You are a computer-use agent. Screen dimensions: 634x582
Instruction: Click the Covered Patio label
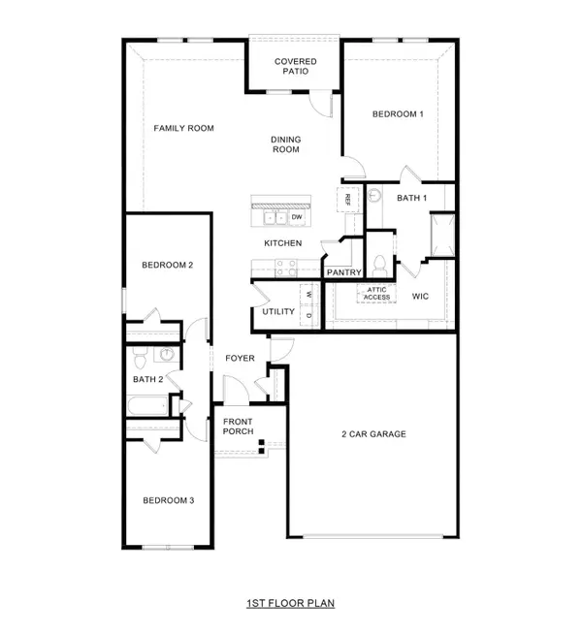point(295,67)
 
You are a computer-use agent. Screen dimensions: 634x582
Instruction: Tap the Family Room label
point(184,128)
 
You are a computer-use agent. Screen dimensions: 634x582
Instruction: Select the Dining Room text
point(285,144)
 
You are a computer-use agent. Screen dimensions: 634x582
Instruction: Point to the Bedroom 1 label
point(399,114)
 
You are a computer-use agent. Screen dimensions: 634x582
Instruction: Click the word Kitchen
point(283,243)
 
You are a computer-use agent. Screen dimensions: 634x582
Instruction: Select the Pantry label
point(343,272)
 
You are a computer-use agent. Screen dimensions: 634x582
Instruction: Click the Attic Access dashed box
point(377,293)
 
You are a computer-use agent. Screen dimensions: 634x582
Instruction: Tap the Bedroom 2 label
point(168,265)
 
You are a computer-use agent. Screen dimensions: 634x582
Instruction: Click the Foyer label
point(240,358)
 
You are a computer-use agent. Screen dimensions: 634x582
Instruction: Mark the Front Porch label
point(239,427)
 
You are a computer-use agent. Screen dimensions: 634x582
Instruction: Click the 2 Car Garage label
point(372,433)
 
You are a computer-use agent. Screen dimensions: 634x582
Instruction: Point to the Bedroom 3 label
point(169,500)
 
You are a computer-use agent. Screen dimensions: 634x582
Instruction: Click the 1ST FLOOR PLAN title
point(291,604)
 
